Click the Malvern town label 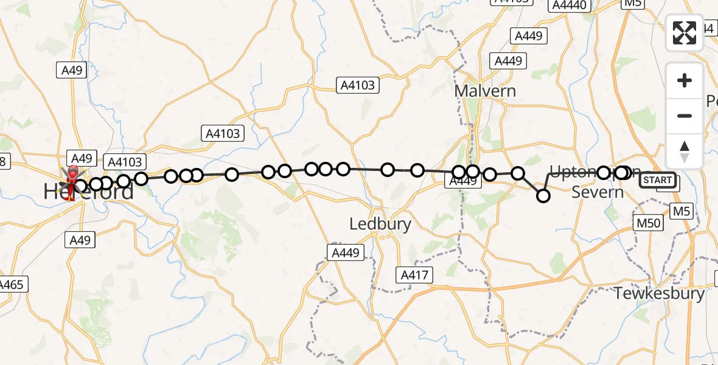(485, 91)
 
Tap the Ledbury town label (380, 224)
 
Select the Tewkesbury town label (659, 293)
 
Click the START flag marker (658, 180)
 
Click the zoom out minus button (685, 116)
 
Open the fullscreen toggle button (685, 32)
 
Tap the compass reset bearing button (685, 151)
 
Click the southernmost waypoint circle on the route (543, 195)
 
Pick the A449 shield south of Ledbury (345, 252)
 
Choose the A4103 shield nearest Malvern (358, 86)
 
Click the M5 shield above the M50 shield (681, 211)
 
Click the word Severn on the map (598, 193)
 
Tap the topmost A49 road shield (72, 71)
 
